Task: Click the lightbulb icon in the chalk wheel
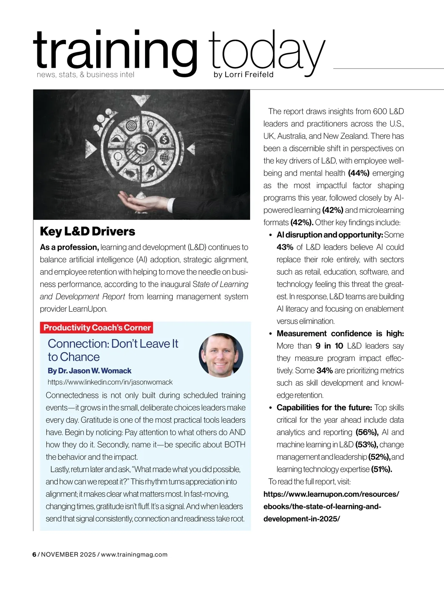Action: tap(151, 125)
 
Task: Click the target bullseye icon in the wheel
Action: tap(132, 125)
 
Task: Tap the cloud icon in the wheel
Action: tap(118, 139)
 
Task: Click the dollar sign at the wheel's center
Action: tap(141, 149)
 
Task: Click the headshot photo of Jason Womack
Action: tap(221, 355)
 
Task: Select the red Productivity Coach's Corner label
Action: tap(97, 328)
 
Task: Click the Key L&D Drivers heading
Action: tap(87, 231)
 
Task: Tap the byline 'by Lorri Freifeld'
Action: tap(243, 74)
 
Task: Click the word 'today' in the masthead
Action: tap(266, 52)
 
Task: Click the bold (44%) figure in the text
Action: tap(359, 173)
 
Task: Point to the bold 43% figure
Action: tap(285, 247)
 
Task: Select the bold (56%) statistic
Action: tap(367, 432)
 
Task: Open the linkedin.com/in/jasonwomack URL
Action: tap(110, 382)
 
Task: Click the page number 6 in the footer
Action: tap(34, 554)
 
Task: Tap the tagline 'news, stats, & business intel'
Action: tap(85, 75)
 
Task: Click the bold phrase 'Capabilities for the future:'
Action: tap(324, 407)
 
